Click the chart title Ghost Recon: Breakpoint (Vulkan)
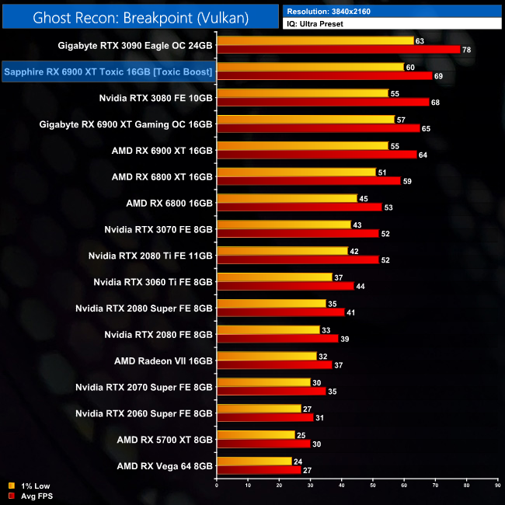(140, 16)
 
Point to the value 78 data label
(467, 50)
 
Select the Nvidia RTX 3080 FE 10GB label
(155, 99)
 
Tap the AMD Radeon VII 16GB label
(163, 360)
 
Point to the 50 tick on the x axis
(373, 486)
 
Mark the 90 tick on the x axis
(497, 486)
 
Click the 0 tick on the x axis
(217, 486)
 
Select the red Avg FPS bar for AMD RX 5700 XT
(263, 443)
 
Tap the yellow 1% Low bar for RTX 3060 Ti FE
(274, 277)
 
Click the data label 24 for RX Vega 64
(298, 461)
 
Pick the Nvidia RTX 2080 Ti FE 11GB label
(151, 256)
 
